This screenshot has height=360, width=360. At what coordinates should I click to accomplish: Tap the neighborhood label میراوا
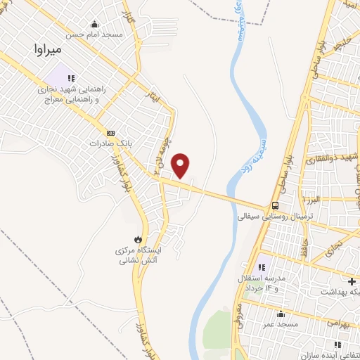[x=48, y=49]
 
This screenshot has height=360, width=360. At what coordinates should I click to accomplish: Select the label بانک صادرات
[x=111, y=143]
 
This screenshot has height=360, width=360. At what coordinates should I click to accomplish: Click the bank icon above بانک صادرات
[x=110, y=132]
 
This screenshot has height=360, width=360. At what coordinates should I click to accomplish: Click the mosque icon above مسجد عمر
[x=281, y=314]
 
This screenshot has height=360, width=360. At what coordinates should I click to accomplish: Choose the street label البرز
[x=313, y=200]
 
